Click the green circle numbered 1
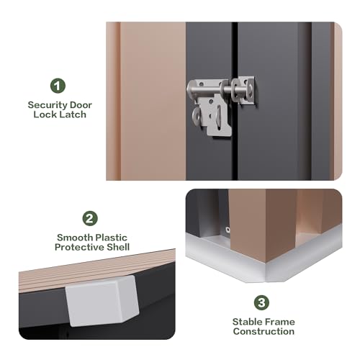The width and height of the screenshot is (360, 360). (x=58, y=86)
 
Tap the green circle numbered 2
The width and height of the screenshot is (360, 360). (x=90, y=218)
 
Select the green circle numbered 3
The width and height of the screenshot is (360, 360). (x=261, y=302)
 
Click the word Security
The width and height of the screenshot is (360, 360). (x=48, y=105)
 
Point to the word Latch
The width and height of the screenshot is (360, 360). (x=73, y=114)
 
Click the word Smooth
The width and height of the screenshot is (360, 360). (x=73, y=238)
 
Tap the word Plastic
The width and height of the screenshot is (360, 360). (x=109, y=238)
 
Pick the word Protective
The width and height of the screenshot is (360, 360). (x=80, y=247)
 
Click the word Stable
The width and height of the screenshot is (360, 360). (x=245, y=322)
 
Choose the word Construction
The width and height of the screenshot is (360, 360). (x=264, y=331)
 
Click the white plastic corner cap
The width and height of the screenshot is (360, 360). (x=103, y=301)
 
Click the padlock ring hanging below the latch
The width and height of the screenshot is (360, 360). (x=197, y=116)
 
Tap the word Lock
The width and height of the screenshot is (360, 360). (x=45, y=114)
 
